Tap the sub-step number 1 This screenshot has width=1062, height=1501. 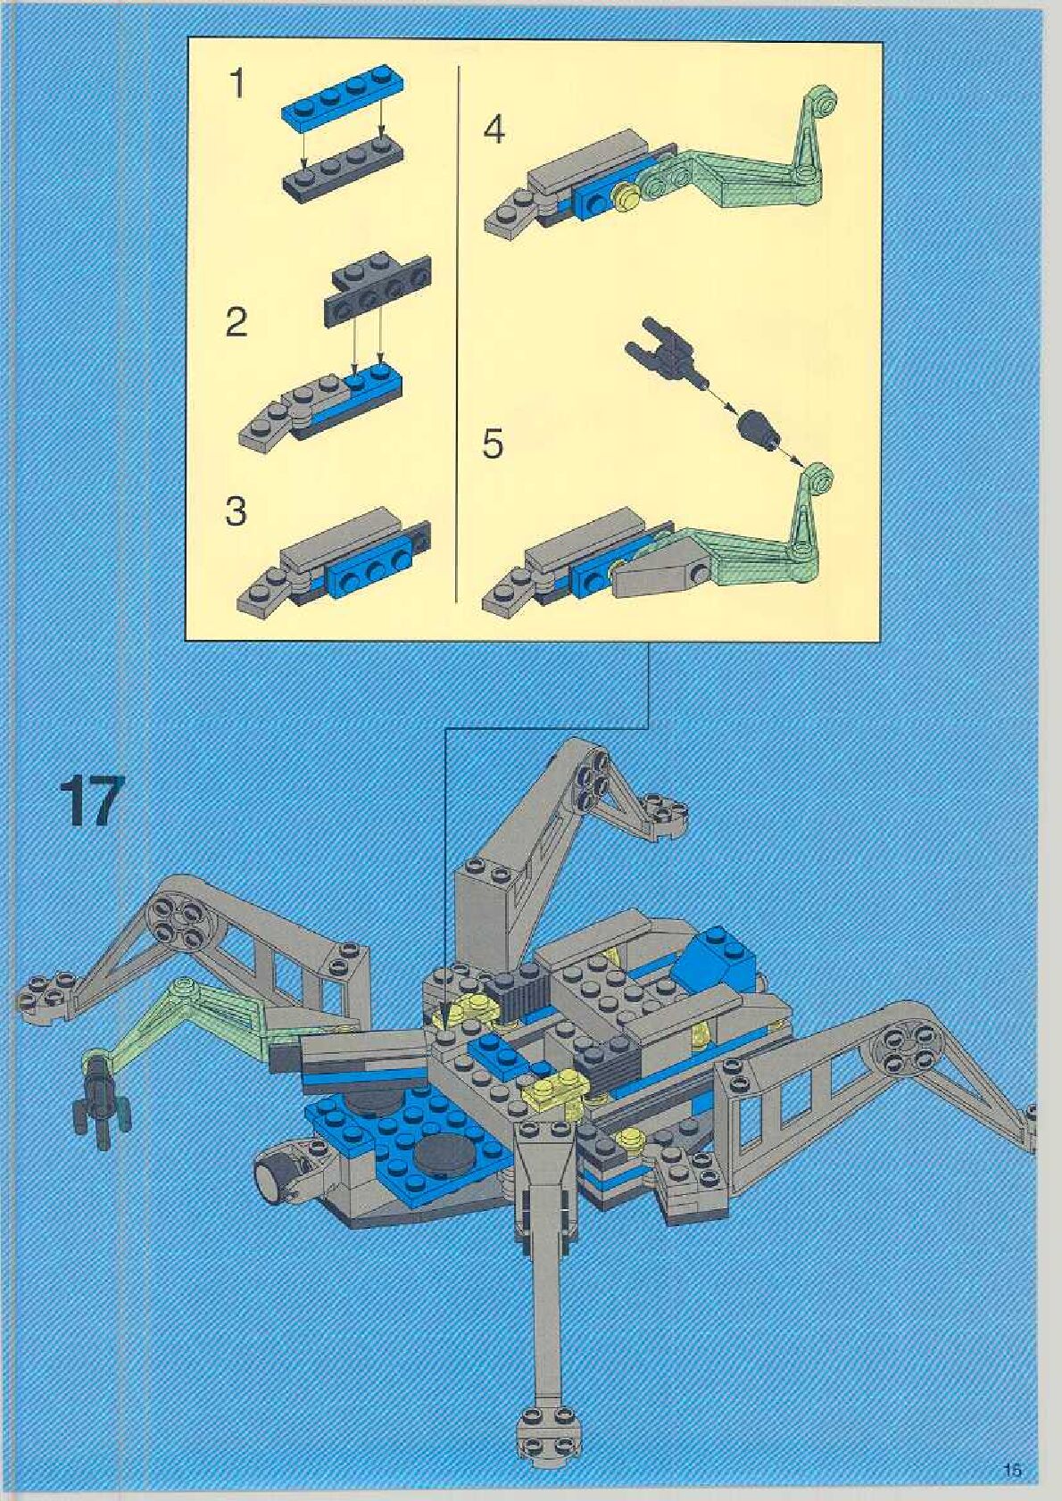[x=236, y=85]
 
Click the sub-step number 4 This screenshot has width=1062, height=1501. [x=494, y=131]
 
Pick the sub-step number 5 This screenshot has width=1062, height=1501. [x=493, y=444]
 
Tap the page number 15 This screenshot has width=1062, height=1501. [x=1012, y=1465]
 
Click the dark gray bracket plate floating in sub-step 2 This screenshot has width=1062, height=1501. [x=378, y=285]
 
